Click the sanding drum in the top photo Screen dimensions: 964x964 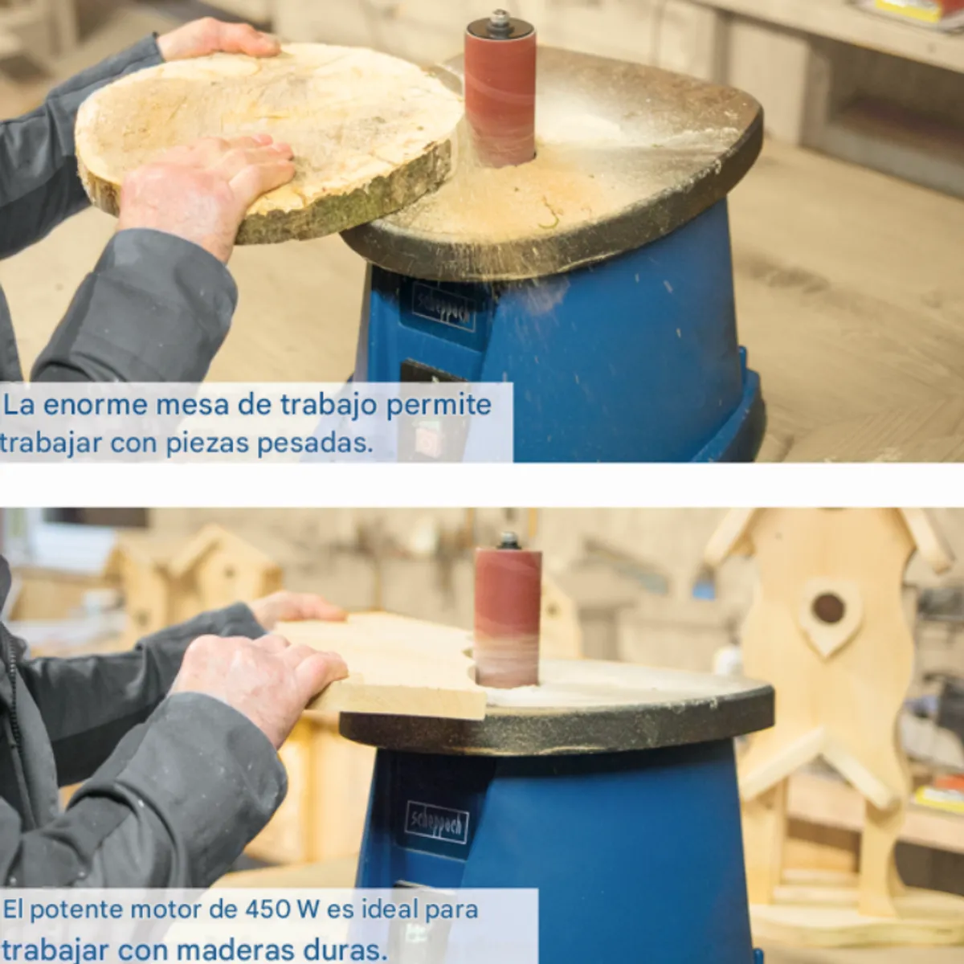[500, 97]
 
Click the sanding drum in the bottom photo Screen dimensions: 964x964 [507, 618]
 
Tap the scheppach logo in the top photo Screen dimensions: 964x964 [443, 306]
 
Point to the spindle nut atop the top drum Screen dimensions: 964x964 [498, 19]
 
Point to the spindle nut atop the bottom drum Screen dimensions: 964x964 [508, 541]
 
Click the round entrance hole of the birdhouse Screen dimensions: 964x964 [828, 608]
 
